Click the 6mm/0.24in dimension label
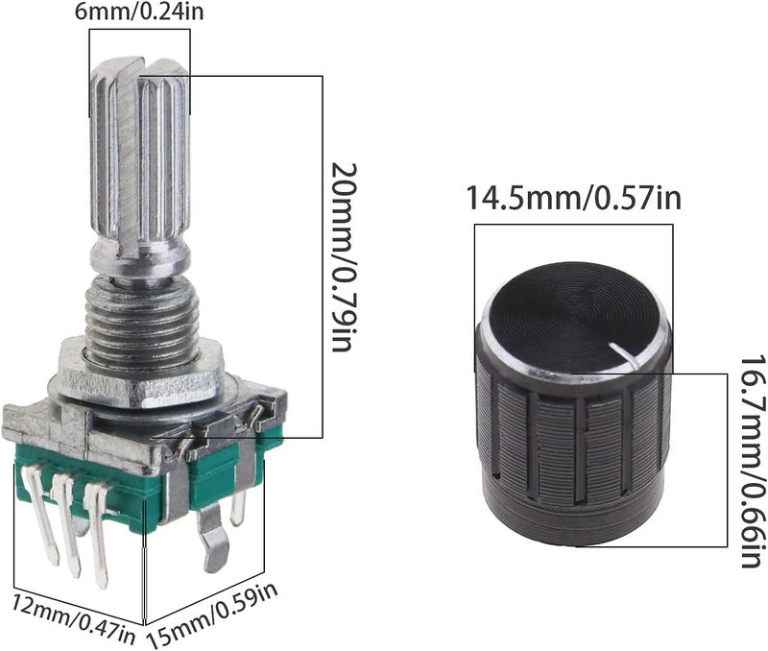[139, 12]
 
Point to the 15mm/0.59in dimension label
[213, 613]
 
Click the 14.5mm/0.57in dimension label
[573, 198]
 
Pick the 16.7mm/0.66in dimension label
[753, 461]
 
